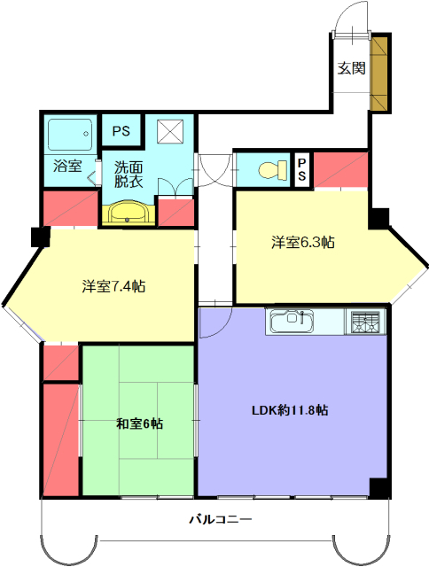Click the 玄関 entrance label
click(351, 68)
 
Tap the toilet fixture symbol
click(273, 169)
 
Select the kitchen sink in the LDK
click(292, 321)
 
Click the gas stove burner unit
click(366, 322)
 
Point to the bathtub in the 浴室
click(70, 135)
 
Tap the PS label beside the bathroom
click(121, 131)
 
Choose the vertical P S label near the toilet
click(301, 169)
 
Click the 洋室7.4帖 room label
click(113, 287)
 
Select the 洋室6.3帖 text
click(303, 242)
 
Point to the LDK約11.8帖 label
click(290, 410)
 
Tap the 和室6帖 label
click(139, 423)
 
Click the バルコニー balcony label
click(221, 520)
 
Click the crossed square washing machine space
click(170, 132)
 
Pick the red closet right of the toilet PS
click(340, 170)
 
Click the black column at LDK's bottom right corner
click(378, 488)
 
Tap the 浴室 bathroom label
click(67, 166)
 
